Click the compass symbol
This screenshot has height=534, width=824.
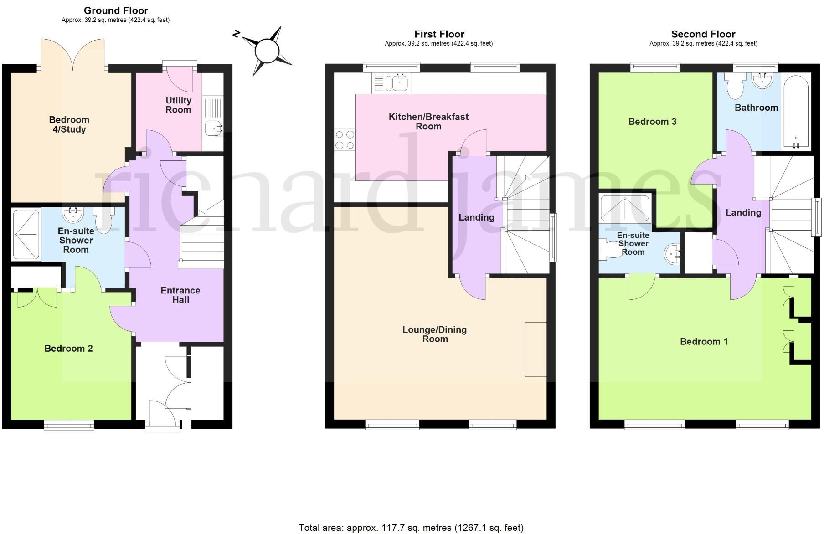267,51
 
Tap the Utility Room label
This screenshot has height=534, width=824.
178,105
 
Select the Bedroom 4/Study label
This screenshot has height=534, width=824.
69,124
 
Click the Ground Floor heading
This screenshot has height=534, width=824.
116,10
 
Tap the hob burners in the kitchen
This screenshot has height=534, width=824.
345,140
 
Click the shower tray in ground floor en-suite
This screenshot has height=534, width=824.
26,234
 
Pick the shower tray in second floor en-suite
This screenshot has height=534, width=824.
625,208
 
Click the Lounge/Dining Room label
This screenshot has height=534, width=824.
434,334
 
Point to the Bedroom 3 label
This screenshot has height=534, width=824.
652,122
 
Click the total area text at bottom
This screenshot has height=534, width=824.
411,528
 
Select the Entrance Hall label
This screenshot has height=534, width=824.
180,295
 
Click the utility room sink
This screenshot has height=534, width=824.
213,128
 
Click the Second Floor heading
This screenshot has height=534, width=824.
703,34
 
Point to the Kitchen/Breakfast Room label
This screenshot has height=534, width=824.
428,122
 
